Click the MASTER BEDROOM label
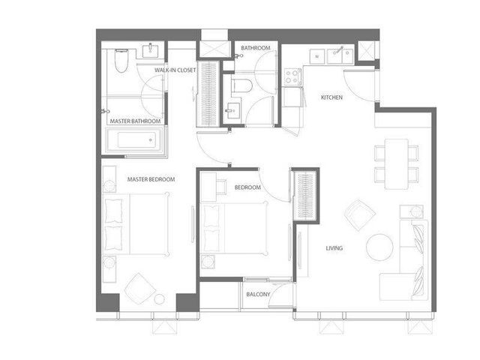[x=151, y=179]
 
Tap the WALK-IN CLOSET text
[x=175, y=70]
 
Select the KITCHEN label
[x=331, y=97]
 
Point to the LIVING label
[x=334, y=248]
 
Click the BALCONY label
[x=258, y=294]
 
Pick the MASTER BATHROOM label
[x=135, y=121]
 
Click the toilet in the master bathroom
[x=121, y=61]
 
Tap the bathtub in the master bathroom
[x=135, y=140]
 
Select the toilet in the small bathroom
[x=241, y=85]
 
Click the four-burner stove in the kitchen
[x=292, y=76]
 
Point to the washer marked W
[x=317, y=56]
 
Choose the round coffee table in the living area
[x=379, y=247]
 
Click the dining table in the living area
[x=397, y=163]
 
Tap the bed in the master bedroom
[x=136, y=224]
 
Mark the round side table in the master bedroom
[x=159, y=299]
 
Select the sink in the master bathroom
[x=150, y=51]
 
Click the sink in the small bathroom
[x=232, y=110]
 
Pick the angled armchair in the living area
[x=360, y=215]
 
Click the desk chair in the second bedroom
[x=221, y=187]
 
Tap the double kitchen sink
[x=340, y=56]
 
